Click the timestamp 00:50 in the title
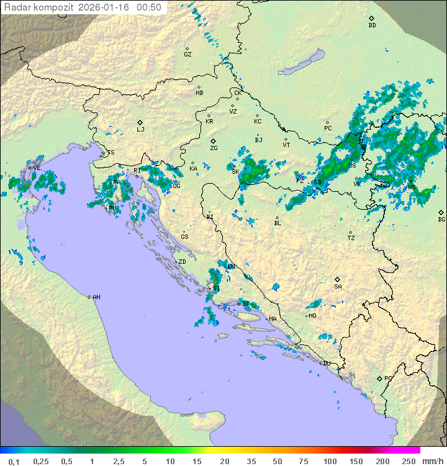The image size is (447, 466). coord(149,7)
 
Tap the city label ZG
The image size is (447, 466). coord(214,148)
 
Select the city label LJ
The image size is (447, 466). coord(140,129)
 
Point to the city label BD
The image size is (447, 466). coord(372,25)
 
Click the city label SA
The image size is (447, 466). coord(338,286)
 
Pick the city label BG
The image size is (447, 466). coord(441,219)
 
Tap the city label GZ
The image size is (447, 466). coord(187,55)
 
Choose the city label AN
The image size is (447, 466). coord(96,297)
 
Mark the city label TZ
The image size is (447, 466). coord(351,238)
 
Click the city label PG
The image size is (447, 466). coord(388,378)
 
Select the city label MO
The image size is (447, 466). coord(312,315)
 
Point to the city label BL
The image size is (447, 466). coord(278,223)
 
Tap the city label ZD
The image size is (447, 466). coord(182,262)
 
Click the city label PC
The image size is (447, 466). coord(328,128)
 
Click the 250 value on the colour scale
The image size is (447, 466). coord(408,461)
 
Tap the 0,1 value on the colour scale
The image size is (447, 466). coord(14,461)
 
